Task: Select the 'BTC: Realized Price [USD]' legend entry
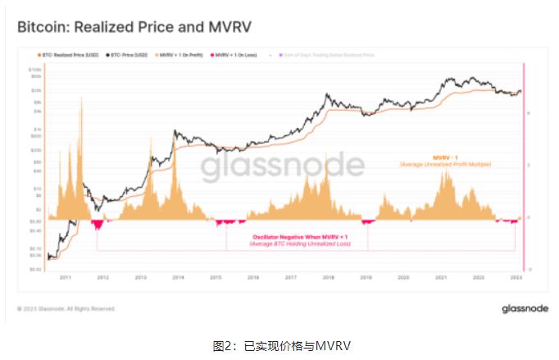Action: pyautogui.click(x=69, y=55)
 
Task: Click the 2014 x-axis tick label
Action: pyautogui.click(x=176, y=279)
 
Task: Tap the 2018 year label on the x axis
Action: pyautogui.click(x=328, y=279)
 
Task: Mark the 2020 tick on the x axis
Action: pyautogui.click(x=403, y=279)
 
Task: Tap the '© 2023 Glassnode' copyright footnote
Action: pyautogui.click(x=66, y=309)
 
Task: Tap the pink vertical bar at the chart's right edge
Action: pyautogui.click(x=523, y=164)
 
